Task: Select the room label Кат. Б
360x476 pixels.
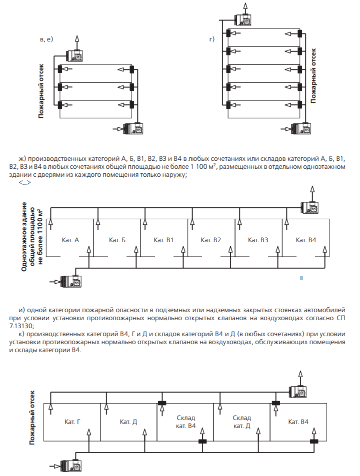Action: (x=116, y=240)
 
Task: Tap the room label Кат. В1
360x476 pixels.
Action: (x=163, y=240)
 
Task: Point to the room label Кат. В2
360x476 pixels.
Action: (x=210, y=240)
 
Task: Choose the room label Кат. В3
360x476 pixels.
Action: (x=258, y=240)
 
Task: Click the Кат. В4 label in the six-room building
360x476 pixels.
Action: (x=305, y=240)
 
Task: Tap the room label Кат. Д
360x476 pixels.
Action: (x=128, y=422)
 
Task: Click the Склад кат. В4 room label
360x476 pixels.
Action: (x=185, y=422)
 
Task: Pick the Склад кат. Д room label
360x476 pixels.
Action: (x=241, y=422)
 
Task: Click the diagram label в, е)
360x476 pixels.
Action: (x=46, y=39)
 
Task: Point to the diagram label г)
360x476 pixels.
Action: (x=212, y=39)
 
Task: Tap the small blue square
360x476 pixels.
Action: (x=301, y=277)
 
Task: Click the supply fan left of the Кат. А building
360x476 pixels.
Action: (x=69, y=282)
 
